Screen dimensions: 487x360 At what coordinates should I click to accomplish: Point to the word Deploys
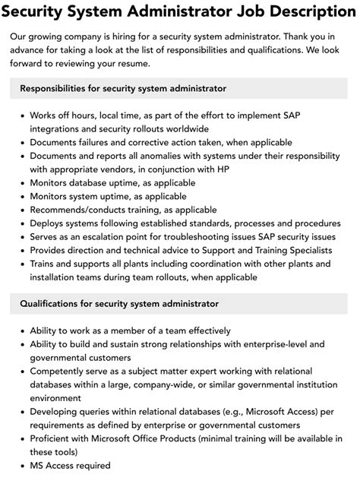(47, 223)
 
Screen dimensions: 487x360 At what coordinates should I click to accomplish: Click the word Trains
(43, 264)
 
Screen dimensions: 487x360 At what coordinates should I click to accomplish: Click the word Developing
(55, 413)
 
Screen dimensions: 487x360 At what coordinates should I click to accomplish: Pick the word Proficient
(53, 440)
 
